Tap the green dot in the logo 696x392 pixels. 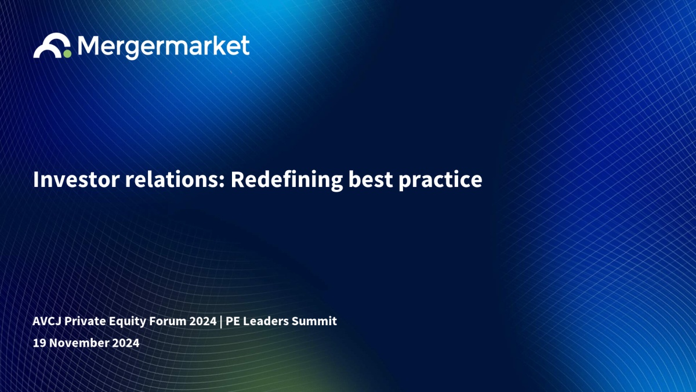click(x=67, y=54)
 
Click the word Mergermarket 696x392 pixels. click(x=164, y=47)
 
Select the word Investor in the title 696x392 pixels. click(x=77, y=179)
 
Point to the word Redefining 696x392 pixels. click(x=287, y=181)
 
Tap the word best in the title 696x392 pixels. click(x=371, y=179)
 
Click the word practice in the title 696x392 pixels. click(x=440, y=181)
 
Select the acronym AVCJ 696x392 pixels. click(x=47, y=321)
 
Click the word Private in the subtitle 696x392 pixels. click(x=85, y=321)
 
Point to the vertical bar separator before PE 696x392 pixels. click(x=221, y=322)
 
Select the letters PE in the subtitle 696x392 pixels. click(x=233, y=321)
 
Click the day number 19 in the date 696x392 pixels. click(x=39, y=343)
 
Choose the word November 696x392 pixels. click(x=79, y=343)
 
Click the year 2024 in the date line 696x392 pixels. click(x=125, y=343)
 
